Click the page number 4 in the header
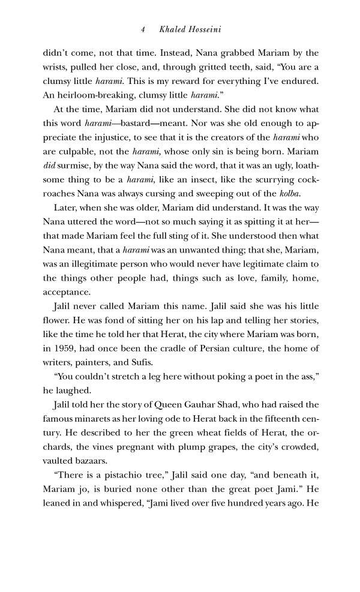click(x=143, y=29)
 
